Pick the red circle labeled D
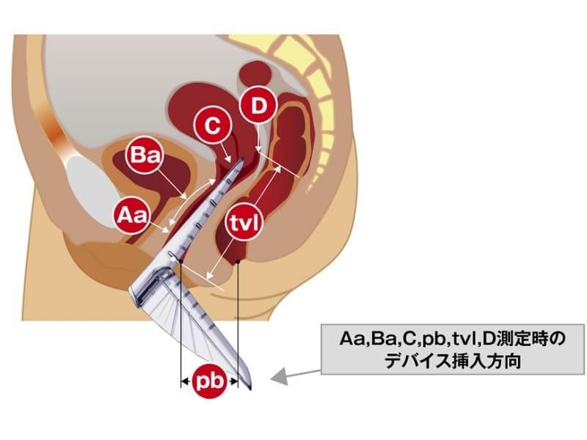[257, 107]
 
